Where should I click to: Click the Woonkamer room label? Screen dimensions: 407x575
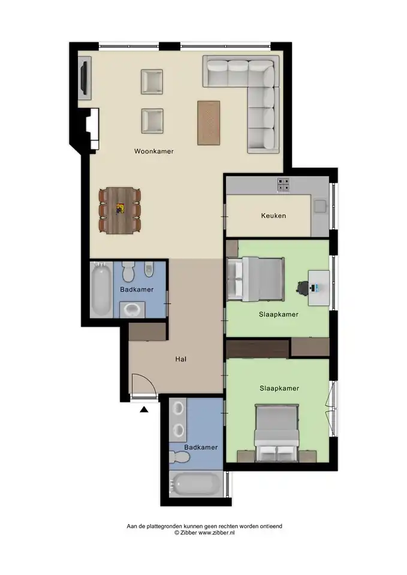tap(154, 151)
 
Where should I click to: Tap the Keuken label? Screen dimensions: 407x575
tap(273, 216)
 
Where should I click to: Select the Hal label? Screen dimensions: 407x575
tap(180, 359)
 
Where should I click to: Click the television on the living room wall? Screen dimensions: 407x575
tap(85, 77)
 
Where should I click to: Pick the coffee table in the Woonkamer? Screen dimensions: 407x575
tap(209, 123)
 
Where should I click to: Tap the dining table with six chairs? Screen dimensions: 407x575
tap(120, 211)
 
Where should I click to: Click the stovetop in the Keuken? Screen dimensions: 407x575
tap(283, 185)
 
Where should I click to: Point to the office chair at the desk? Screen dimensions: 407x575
tap(303, 287)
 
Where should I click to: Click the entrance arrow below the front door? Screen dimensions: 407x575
tap(144, 409)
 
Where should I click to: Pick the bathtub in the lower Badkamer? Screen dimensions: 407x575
tap(196, 484)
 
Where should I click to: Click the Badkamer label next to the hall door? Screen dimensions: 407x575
tap(137, 289)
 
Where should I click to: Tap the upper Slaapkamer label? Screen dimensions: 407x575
tap(279, 314)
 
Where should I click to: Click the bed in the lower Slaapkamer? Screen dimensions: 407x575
tap(277, 432)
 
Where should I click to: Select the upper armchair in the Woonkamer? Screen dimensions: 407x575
tap(152, 82)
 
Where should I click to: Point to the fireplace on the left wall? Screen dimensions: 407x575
tap(92, 129)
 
